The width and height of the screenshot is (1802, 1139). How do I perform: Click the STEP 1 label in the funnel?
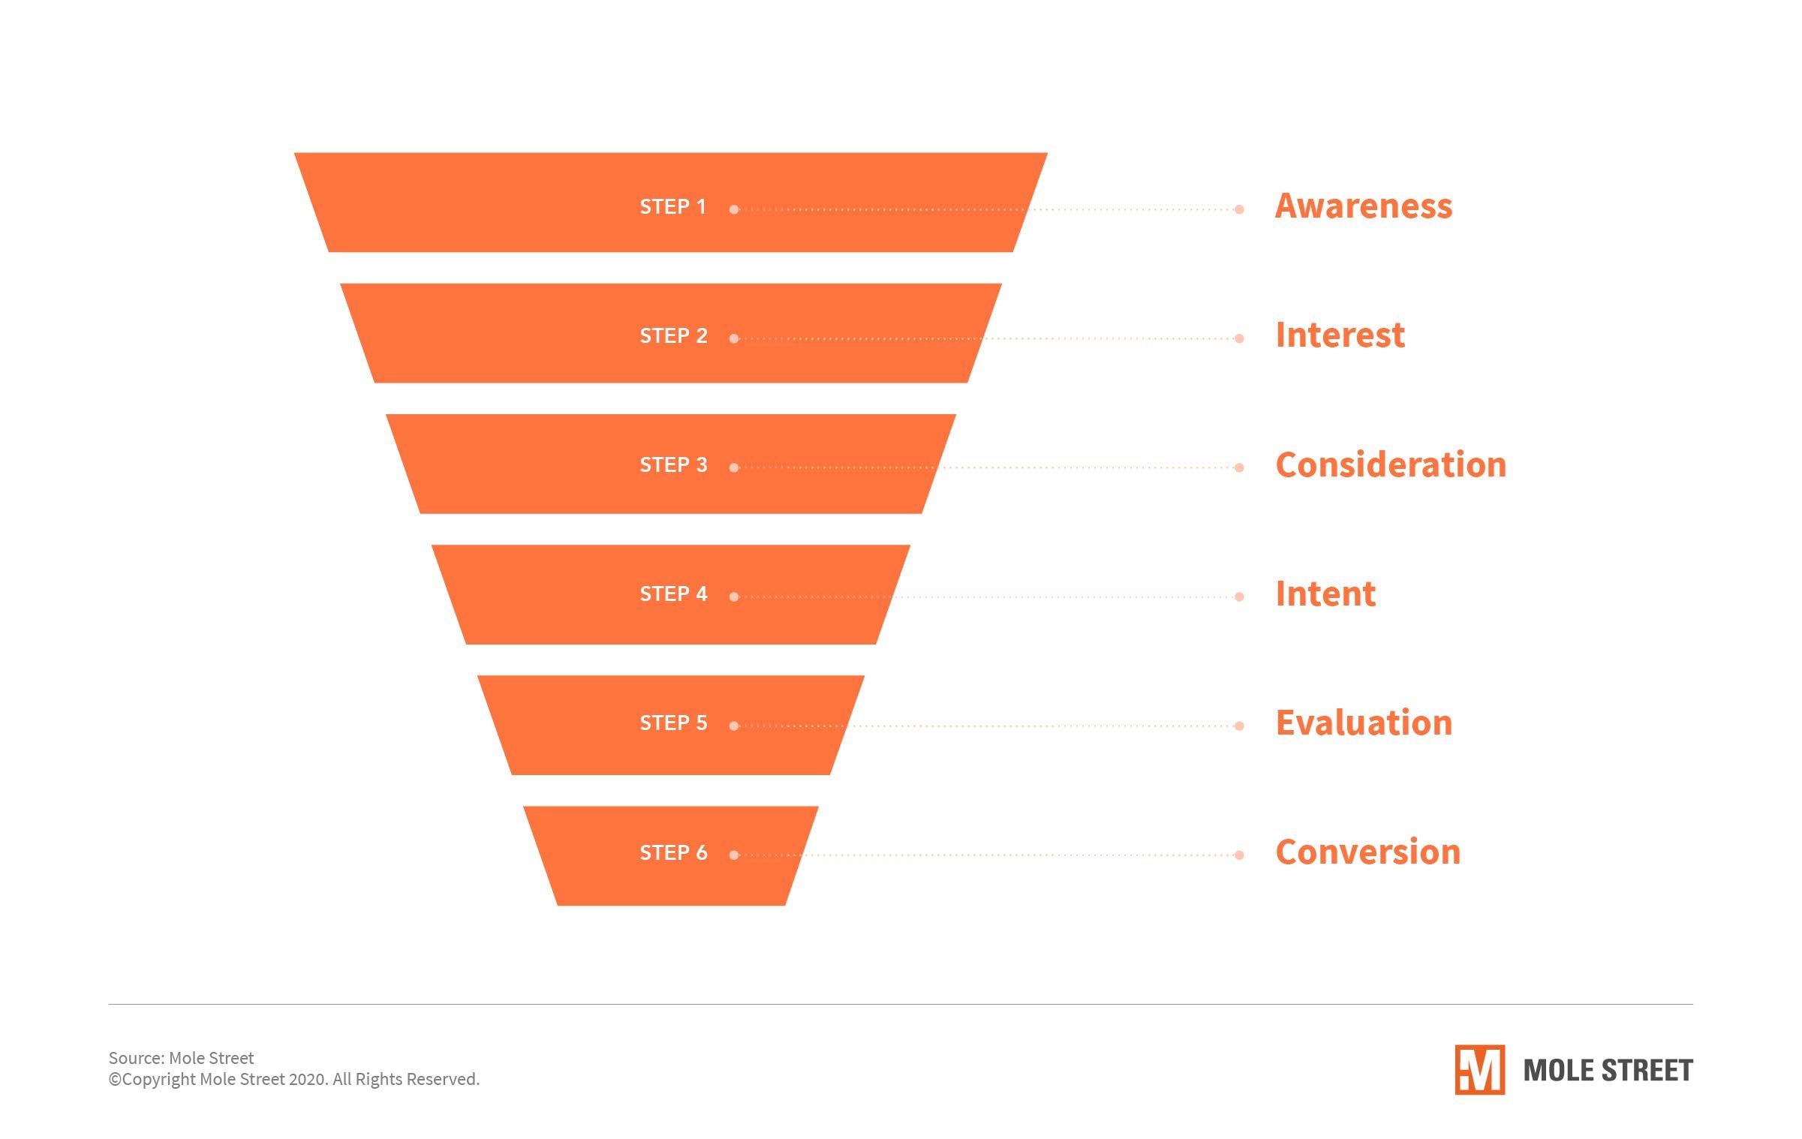[672, 207]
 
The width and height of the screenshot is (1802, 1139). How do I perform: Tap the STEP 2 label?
[673, 336]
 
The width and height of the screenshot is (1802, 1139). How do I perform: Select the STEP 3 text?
[673, 465]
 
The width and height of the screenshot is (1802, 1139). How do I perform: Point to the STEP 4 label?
[673, 594]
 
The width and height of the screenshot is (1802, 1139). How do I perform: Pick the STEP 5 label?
[673, 723]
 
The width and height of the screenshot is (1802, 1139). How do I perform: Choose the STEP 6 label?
[673, 853]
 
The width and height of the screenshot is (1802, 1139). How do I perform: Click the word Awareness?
[1364, 206]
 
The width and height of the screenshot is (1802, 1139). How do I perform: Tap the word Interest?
[1340, 335]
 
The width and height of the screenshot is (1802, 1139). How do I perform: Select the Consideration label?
[1391, 465]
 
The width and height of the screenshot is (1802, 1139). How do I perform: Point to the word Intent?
[1325, 594]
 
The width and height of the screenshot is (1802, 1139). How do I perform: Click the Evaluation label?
[1364, 723]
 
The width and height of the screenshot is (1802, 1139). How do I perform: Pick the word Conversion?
[1367, 852]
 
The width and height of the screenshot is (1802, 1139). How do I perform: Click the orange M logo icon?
[1479, 1070]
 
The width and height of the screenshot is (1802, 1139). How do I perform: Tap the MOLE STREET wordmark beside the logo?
[1608, 1071]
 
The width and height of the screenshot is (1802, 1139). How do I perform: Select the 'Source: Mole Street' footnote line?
[181, 1058]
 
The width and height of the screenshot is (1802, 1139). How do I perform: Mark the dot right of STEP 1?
[734, 210]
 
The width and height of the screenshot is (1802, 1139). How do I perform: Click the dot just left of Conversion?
[1239, 855]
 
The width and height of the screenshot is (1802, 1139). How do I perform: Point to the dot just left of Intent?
[1239, 597]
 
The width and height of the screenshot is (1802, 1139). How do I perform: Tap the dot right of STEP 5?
[734, 726]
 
